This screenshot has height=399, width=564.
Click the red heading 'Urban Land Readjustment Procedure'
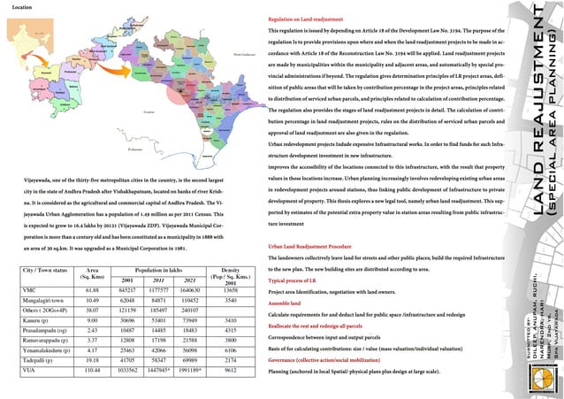(x=316, y=244)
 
